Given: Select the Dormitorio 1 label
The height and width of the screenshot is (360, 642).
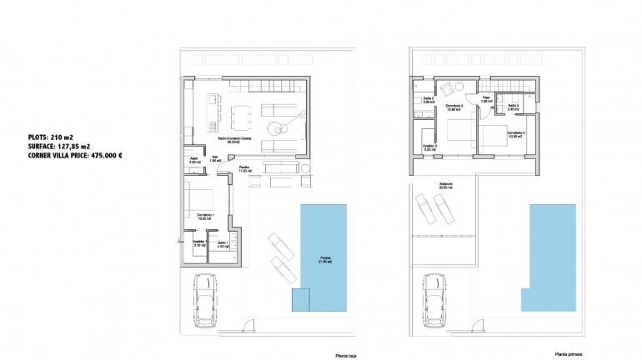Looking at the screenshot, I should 206,216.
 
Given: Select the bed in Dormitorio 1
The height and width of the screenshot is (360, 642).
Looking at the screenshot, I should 200,200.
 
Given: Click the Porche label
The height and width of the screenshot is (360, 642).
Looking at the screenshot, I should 244,168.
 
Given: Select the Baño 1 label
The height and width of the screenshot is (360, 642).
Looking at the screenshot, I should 223,243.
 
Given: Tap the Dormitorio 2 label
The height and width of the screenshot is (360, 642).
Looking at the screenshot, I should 454,107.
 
